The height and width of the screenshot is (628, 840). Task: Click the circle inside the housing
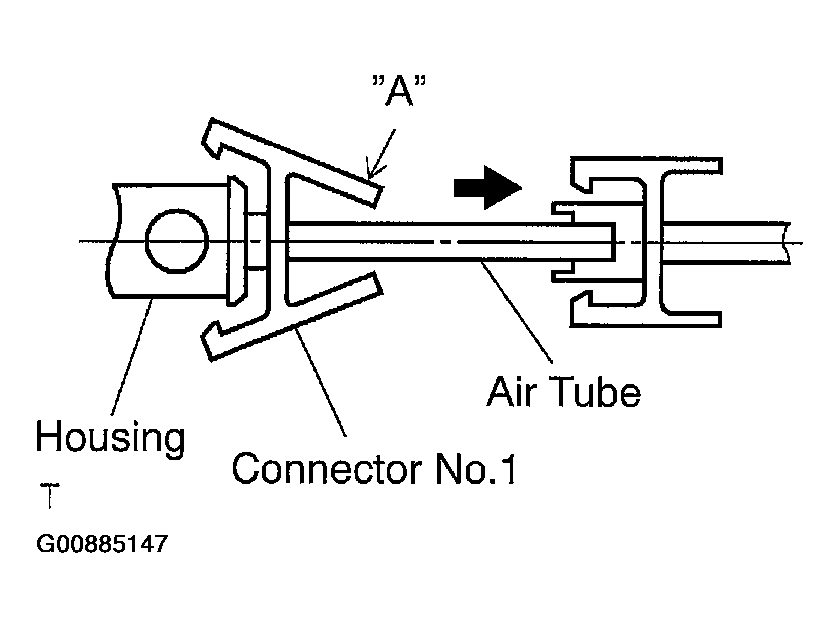(x=176, y=241)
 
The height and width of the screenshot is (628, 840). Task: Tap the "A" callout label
(x=399, y=91)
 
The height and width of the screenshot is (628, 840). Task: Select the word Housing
(x=110, y=438)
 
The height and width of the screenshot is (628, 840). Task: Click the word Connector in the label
(x=327, y=469)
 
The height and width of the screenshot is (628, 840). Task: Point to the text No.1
(x=476, y=469)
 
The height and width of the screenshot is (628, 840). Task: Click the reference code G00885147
(x=102, y=544)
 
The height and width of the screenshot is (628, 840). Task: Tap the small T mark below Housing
(x=50, y=496)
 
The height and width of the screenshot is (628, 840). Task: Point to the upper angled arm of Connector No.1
(x=294, y=163)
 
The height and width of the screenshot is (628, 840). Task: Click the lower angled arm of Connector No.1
(x=294, y=316)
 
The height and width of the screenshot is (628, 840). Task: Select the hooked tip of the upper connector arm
(x=213, y=138)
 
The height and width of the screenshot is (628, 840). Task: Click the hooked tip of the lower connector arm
(x=212, y=341)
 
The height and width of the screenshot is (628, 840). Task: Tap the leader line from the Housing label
(x=131, y=356)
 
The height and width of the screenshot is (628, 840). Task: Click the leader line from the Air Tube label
(x=516, y=312)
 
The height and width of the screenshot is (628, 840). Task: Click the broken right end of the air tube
(x=787, y=242)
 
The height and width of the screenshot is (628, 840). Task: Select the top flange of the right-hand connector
(x=646, y=166)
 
